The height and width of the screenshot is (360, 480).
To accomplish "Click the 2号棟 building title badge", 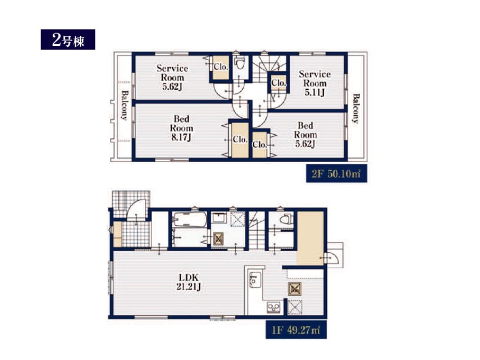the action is [x=68, y=39].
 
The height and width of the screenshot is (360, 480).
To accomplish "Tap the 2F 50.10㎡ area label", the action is [x=337, y=173].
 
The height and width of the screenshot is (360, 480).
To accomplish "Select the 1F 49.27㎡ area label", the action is [x=296, y=330].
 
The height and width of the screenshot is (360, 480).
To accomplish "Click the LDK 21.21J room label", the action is [x=189, y=282].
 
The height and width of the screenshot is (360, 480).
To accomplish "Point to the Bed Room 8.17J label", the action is [x=181, y=128].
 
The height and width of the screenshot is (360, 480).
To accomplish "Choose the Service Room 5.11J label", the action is [x=315, y=83].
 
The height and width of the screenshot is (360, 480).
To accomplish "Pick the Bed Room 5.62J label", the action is [x=305, y=135].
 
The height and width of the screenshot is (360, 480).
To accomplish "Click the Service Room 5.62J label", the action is [x=172, y=77].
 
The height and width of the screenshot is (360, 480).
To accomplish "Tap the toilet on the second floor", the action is [x=239, y=63].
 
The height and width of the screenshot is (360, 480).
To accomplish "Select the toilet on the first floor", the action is [x=285, y=219].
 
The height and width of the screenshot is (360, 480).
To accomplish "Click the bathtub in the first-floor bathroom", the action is [x=189, y=220].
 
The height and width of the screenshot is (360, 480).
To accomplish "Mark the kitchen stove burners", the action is [x=274, y=307].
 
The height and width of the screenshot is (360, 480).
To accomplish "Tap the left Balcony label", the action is [x=125, y=105].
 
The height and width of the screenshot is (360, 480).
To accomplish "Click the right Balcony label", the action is [x=356, y=108].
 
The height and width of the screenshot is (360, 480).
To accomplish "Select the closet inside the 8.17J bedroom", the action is [x=240, y=140].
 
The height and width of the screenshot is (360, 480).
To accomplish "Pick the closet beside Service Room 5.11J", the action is [x=278, y=83].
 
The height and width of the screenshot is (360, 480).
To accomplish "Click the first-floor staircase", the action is [x=257, y=230].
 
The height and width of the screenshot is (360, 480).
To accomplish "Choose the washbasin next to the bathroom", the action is [x=219, y=218].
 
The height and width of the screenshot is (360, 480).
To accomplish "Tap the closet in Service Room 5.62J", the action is [x=221, y=68].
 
